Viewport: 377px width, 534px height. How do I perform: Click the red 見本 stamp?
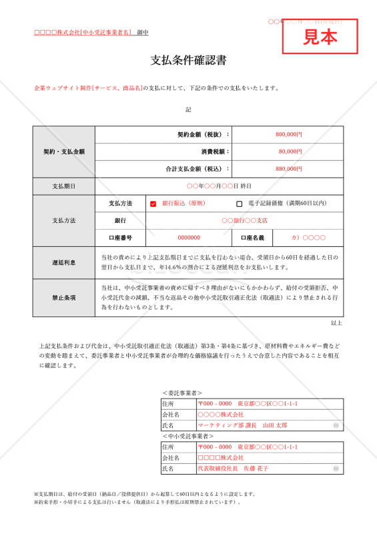[320, 37]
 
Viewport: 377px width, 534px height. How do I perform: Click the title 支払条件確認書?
[189, 61]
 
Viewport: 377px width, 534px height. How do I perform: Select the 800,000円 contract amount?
[288, 134]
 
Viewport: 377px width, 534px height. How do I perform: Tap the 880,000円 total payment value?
[288, 169]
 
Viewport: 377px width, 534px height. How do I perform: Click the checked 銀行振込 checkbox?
[153, 204]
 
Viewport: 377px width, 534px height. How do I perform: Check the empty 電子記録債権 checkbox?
[240, 204]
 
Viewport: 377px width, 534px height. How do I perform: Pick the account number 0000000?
[189, 238]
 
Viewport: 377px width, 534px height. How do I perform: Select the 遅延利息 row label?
[64, 262]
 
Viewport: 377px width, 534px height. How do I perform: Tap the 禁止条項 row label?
[64, 298]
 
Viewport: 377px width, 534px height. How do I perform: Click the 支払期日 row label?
[64, 186]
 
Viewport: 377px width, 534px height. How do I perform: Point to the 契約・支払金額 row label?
[64, 152]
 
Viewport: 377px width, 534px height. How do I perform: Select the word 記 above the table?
[188, 109]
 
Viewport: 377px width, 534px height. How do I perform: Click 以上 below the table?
[336, 323]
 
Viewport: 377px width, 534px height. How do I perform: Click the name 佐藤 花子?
[254, 469]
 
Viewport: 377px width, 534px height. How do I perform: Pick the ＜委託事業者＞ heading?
[182, 393]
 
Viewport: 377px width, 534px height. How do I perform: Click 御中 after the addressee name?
[143, 32]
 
